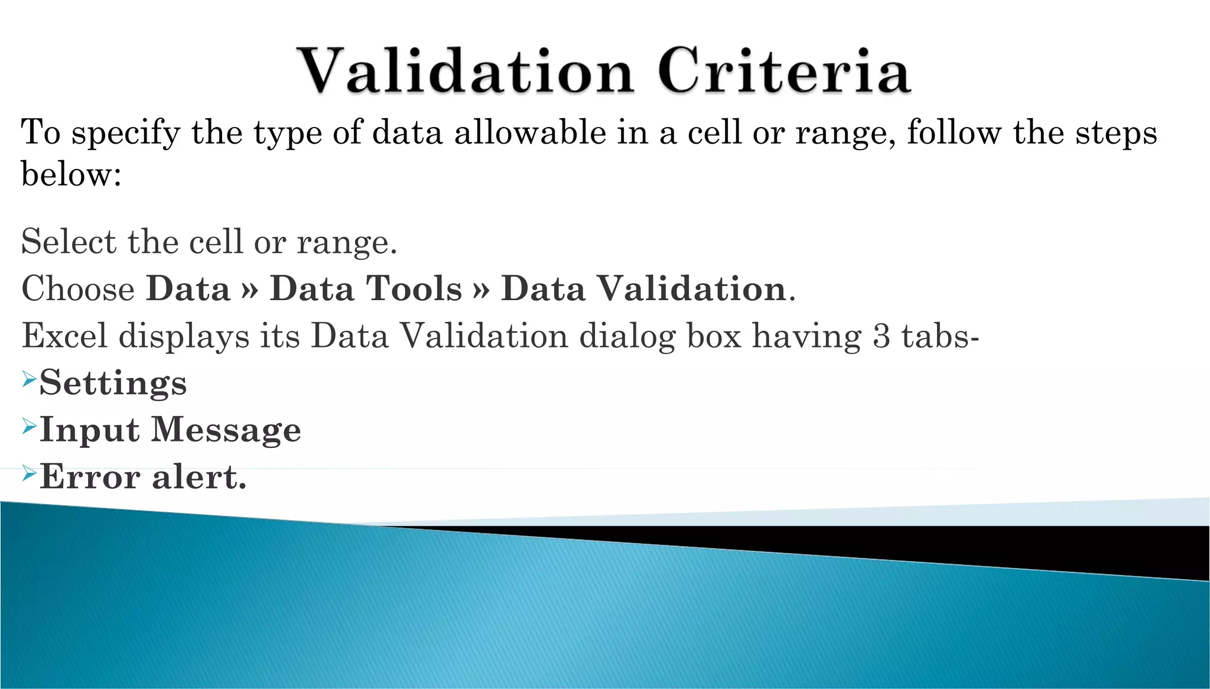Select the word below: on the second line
click(71, 175)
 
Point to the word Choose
click(78, 289)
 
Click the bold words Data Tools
click(366, 289)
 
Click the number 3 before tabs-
click(881, 336)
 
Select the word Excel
click(64, 336)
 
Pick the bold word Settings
click(113, 383)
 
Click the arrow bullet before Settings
click(30, 379)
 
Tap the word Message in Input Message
click(226, 430)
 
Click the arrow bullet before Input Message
click(30, 426)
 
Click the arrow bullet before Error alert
click(30, 473)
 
